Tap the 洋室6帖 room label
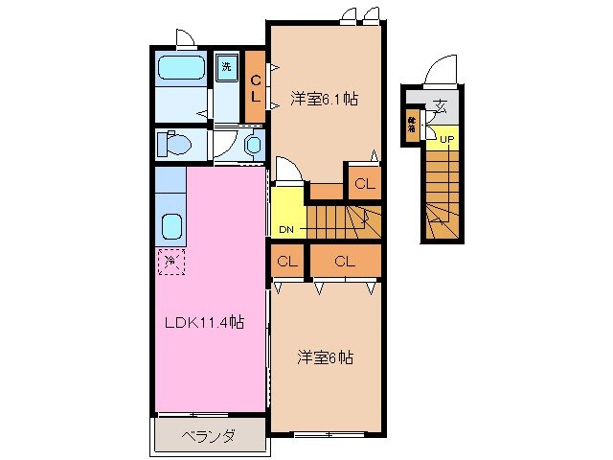pyautogui.click(x=325, y=357)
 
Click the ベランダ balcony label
pyautogui.click(x=209, y=435)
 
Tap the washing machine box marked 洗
pyautogui.click(x=227, y=67)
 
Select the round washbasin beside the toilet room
pyautogui.click(x=253, y=145)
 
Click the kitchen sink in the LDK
pyautogui.click(x=173, y=227)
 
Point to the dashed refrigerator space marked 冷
pyautogui.click(x=170, y=259)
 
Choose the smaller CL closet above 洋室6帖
pyautogui.click(x=287, y=261)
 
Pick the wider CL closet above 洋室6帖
pyautogui.click(x=345, y=261)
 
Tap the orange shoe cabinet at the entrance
pyautogui.click(x=412, y=125)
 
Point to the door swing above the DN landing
pyautogui.click(x=289, y=169)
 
